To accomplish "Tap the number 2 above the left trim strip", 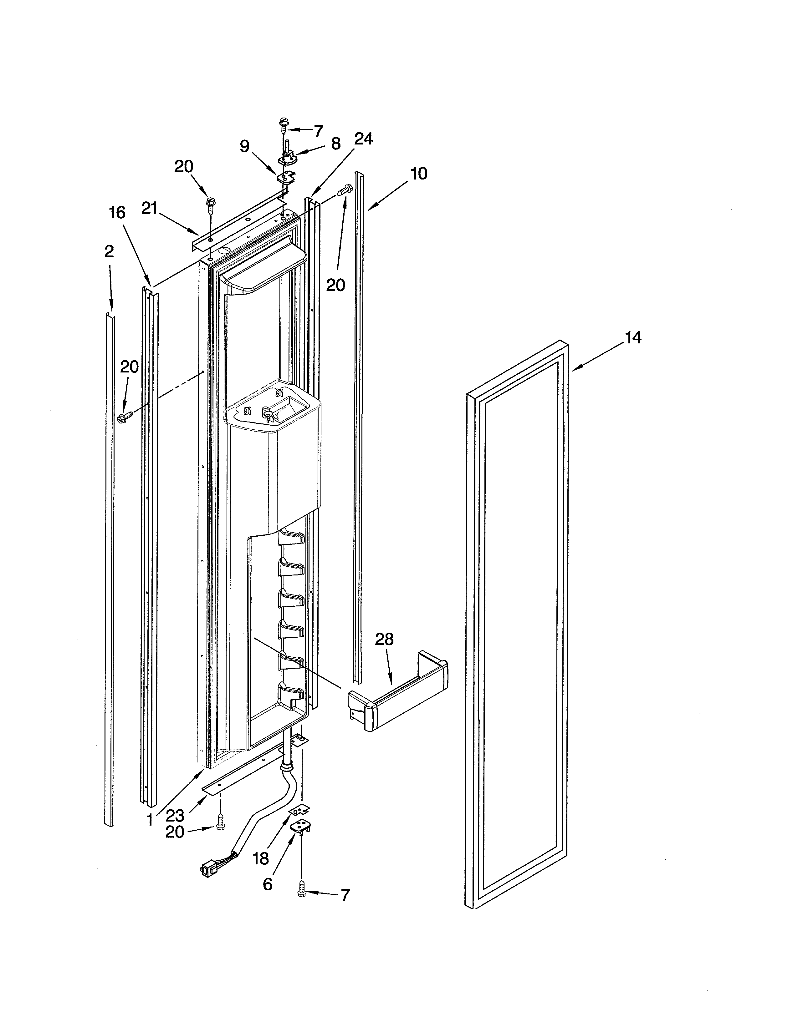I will click(109, 252).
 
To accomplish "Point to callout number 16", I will click(117, 213).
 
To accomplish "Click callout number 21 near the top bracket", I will click(149, 208).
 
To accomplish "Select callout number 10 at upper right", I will click(419, 174).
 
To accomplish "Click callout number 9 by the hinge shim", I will click(244, 146).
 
